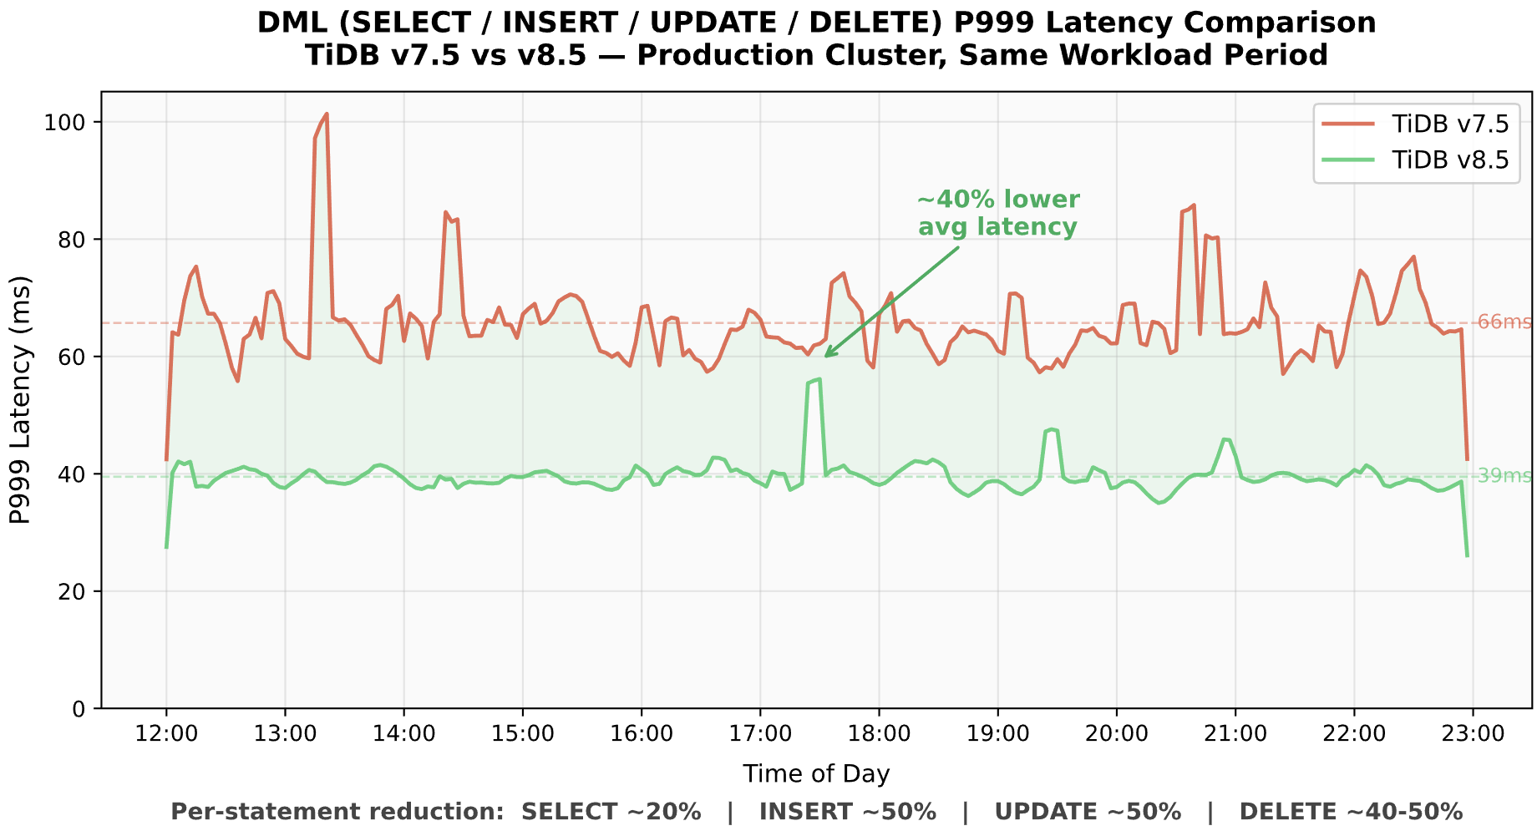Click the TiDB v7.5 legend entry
[x=1450, y=124]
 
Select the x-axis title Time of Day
[x=816, y=774]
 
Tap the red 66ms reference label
[x=1504, y=322]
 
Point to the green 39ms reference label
[x=1504, y=476]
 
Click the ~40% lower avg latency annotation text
[x=998, y=213]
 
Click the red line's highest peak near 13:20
[x=327, y=114]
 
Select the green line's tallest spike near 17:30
[x=819, y=379]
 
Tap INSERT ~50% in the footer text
[x=847, y=812]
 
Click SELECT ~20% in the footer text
[x=611, y=812]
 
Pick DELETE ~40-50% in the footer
[x=1351, y=812]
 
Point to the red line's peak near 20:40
[x=1194, y=205]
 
